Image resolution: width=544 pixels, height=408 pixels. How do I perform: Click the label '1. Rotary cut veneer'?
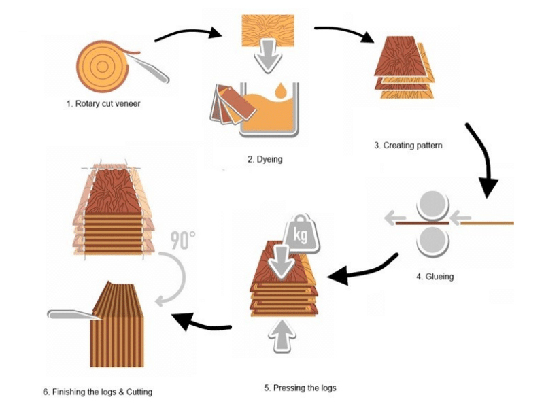click(103, 104)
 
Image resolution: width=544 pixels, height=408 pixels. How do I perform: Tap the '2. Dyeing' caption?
click(265, 160)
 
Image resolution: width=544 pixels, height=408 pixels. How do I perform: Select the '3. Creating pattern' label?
click(408, 145)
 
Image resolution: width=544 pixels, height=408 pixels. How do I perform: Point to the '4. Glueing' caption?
click(435, 277)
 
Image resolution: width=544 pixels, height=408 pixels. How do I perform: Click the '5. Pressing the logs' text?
click(300, 388)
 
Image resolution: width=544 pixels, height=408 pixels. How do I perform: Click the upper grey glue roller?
click(433, 205)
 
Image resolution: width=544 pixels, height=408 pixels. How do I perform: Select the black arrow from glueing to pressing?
click(360, 270)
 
